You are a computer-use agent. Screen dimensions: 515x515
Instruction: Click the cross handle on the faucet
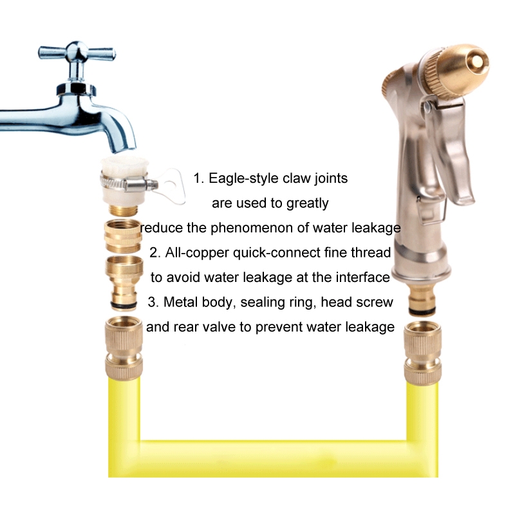coord(77,53)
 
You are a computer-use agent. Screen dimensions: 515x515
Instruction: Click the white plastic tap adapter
coord(124,182)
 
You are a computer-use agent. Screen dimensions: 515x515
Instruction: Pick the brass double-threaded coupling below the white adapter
coord(123,236)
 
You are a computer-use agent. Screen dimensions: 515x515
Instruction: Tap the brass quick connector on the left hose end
coord(124,348)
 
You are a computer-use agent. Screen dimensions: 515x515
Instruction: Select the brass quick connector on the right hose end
coord(423,353)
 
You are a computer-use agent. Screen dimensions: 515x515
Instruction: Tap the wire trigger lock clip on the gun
coord(432,211)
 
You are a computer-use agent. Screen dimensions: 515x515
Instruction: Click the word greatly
coord(308,203)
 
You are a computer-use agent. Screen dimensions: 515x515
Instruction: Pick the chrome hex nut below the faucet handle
coord(76,89)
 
